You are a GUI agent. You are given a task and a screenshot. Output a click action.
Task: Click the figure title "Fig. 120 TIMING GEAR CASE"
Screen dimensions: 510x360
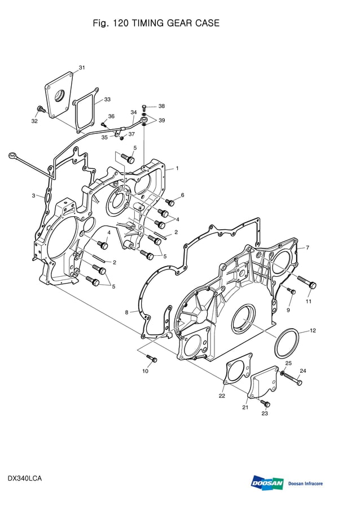156,23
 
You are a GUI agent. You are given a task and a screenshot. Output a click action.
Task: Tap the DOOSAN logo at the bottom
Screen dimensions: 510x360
267,483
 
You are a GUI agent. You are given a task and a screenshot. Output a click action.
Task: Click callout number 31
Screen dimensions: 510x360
82,68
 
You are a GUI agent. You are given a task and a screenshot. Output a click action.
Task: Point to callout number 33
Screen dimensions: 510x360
107,99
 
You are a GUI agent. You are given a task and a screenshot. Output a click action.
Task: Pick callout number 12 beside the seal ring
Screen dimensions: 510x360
313,330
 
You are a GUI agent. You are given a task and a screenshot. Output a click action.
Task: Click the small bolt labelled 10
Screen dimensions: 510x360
151,358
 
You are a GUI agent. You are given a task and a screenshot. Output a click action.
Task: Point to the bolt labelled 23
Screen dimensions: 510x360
266,403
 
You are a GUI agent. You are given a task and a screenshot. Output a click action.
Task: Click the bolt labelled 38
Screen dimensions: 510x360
145,106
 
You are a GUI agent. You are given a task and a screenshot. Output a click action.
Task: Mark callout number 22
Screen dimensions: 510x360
222,396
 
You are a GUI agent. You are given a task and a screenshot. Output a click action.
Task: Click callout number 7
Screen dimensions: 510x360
308,247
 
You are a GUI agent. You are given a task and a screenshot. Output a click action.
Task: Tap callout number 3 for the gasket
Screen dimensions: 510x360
33,195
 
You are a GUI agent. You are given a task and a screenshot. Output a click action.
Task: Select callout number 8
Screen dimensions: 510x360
127,312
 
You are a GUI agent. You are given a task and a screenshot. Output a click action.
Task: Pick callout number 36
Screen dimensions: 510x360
111,116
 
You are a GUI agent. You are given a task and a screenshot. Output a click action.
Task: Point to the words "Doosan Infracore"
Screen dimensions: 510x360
305,483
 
